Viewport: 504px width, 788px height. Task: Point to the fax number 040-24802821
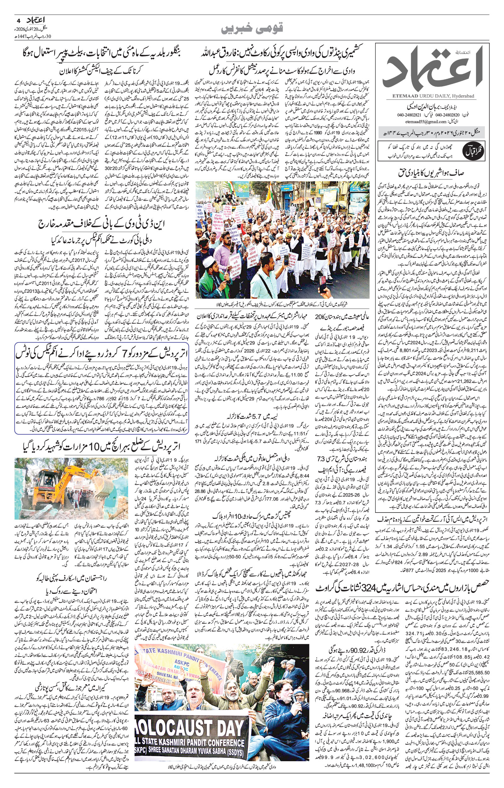click(x=400, y=115)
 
